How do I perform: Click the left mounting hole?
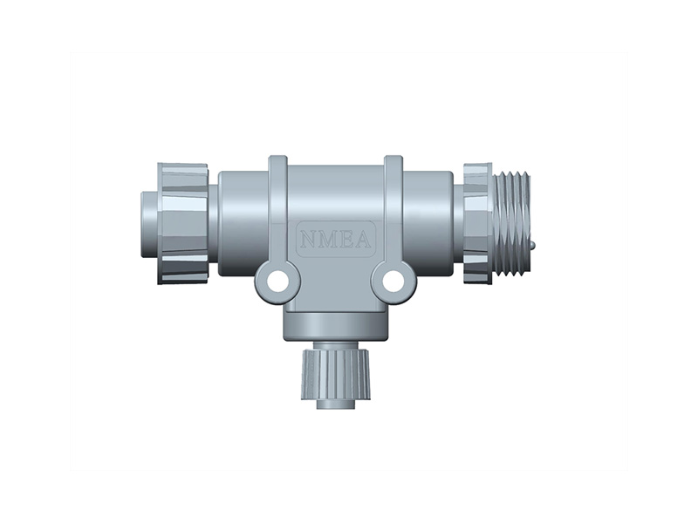click(277, 282)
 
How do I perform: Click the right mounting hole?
click(393, 282)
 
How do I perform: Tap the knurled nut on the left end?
click(183, 223)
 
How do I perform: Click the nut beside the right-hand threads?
click(476, 223)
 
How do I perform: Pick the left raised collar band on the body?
click(277, 209)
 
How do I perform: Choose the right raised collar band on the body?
click(393, 209)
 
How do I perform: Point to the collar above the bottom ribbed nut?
click(336, 327)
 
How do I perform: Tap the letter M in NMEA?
click(327, 237)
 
